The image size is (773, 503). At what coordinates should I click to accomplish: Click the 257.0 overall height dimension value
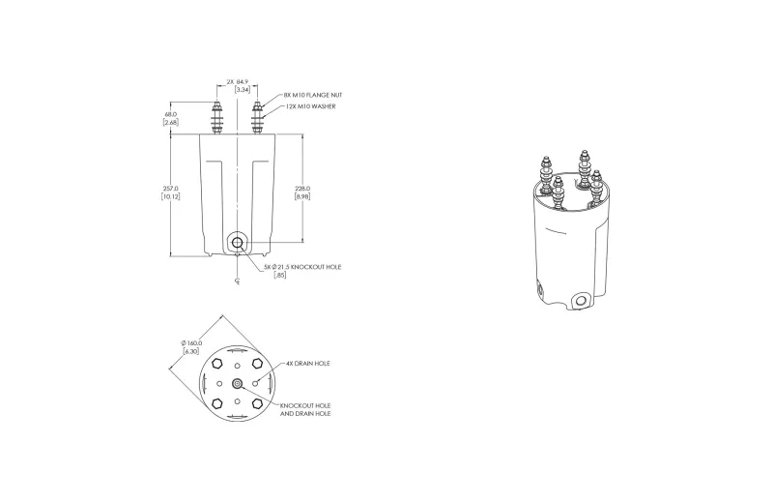(x=171, y=192)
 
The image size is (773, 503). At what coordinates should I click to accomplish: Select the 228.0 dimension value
(x=302, y=192)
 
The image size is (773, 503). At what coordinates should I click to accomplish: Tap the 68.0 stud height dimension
(x=171, y=118)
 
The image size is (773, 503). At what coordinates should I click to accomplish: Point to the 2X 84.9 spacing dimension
(x=239, y=85)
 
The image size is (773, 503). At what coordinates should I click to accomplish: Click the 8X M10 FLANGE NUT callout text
(x=312, y=95)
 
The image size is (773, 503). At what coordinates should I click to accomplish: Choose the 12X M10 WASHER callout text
(x=310, y=106)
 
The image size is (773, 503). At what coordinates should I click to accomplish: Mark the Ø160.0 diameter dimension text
(x=191, y=347)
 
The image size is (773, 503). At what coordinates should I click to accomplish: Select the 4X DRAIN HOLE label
(x=308, y=364)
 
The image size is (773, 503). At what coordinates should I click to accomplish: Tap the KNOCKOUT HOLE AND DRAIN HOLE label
(x=305, y=410)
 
